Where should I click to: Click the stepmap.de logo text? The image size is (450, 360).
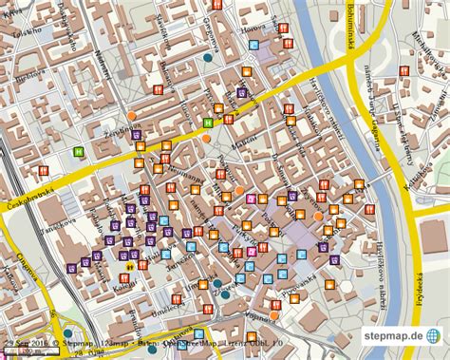point(388,336)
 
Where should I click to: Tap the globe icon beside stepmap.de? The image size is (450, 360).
point(433,336)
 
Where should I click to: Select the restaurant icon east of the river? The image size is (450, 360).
point(404,70)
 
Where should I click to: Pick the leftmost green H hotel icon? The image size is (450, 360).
point(80,151)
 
